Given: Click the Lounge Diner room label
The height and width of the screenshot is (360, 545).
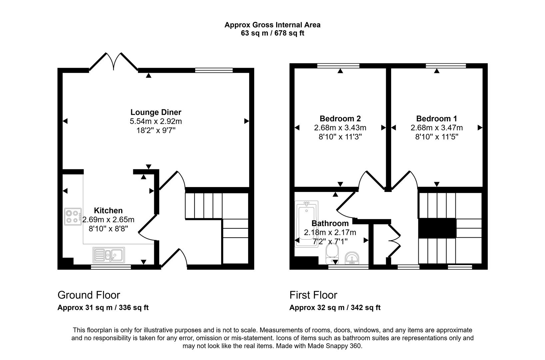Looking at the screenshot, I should tap(156, 112).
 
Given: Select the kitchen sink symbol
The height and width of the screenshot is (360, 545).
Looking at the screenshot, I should tap(109, 255).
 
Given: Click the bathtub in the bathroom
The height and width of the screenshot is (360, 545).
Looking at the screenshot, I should tap(307, 223).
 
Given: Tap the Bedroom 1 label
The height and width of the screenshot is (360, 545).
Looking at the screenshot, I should tap(436, 118).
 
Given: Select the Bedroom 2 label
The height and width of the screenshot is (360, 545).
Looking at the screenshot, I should tap(340, 118).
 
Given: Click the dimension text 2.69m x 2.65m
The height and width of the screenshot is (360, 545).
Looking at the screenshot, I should tap(108, 220).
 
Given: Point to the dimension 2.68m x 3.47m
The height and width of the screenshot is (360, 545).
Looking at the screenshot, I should tap(436, 128).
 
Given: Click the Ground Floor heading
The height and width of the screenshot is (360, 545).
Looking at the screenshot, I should tap(89, 295).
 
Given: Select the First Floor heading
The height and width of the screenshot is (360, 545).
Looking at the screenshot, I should tap(313, 295).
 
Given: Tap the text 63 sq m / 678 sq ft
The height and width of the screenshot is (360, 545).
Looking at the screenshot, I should tap(272, 33).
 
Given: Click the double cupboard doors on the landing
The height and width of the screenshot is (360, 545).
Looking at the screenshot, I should tap(395, 240).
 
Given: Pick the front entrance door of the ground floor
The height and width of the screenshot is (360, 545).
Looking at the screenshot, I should tap(174, 258).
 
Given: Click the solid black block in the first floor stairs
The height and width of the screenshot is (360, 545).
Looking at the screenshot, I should tap(437, 228).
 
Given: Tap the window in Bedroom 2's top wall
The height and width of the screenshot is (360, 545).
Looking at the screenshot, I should tap(338, 66).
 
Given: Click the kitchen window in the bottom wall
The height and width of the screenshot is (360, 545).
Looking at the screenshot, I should tap(111, 267).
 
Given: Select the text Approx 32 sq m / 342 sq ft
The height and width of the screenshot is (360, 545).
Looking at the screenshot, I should tap(335, 308).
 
